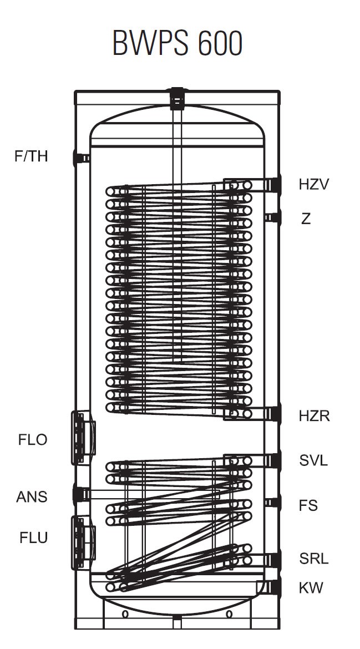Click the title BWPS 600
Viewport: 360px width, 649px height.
(178, 42)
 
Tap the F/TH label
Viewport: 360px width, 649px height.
(31, 156)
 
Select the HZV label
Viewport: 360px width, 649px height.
(314, 184)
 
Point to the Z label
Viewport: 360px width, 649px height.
(306, 219)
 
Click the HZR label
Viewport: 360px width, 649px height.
(314, 415)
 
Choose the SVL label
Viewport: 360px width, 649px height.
(313, 460)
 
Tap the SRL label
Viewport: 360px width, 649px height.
(313, 559)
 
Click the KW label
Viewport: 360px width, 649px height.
(311, 587)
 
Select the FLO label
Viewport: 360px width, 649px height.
(33, 440)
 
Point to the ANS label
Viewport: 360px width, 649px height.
(32, 496)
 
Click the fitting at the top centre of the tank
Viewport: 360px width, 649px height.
(177, 98)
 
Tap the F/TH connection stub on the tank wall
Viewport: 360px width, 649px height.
(80, 158)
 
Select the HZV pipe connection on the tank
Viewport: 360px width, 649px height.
(273, 185)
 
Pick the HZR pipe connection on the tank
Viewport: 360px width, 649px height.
(273, 414)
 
